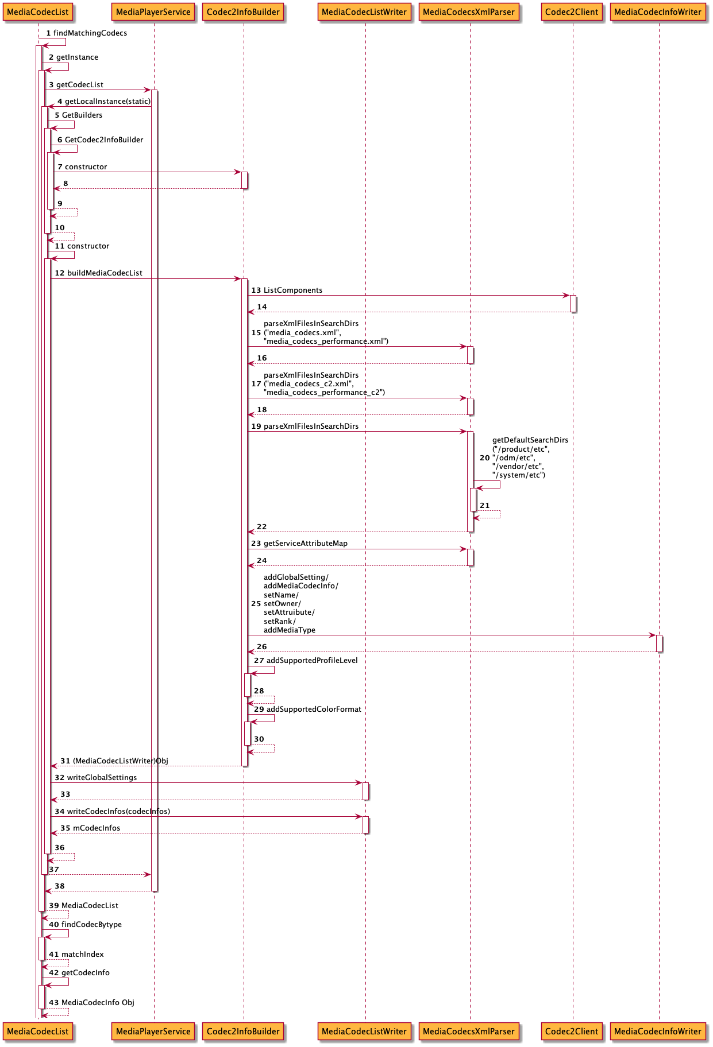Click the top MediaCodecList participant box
point(38,12)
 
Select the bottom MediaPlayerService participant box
point(153,1031)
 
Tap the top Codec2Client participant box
point(572,12)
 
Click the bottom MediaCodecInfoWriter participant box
point(657,1031)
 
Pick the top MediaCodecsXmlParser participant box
point(469,12)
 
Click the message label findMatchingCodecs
point(90,33)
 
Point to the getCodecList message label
point(80,85)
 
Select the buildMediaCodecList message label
point(105,273)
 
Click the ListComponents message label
point(293,290)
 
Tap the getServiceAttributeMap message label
point(305,544)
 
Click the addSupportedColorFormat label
point(314,709)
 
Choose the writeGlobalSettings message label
point(102,778)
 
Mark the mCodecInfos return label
point(97,828)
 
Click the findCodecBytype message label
point(91,925)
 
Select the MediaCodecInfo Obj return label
point(98,1003)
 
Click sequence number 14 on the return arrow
point(262,307)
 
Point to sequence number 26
point(262,647)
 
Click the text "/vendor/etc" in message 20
point(518,467)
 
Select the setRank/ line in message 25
point(280,622)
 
